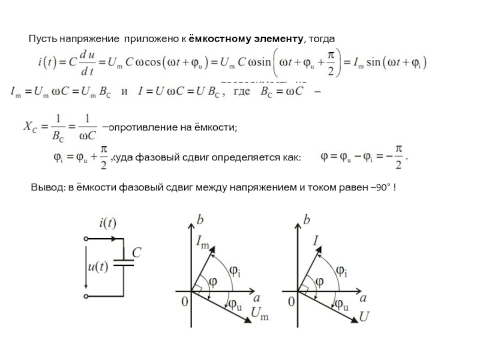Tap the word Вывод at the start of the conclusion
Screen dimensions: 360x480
coord(45,188)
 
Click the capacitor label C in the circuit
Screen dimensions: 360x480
coord(137,254)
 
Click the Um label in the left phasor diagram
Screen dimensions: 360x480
coord(259,313)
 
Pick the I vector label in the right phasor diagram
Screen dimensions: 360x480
coord(316,241)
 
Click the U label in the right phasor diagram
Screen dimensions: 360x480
coord(364,314)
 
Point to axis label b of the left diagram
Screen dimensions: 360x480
coord(200,221)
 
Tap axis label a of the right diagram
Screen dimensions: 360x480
coord(363,297)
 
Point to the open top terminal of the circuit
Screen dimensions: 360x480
coord(87,238)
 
